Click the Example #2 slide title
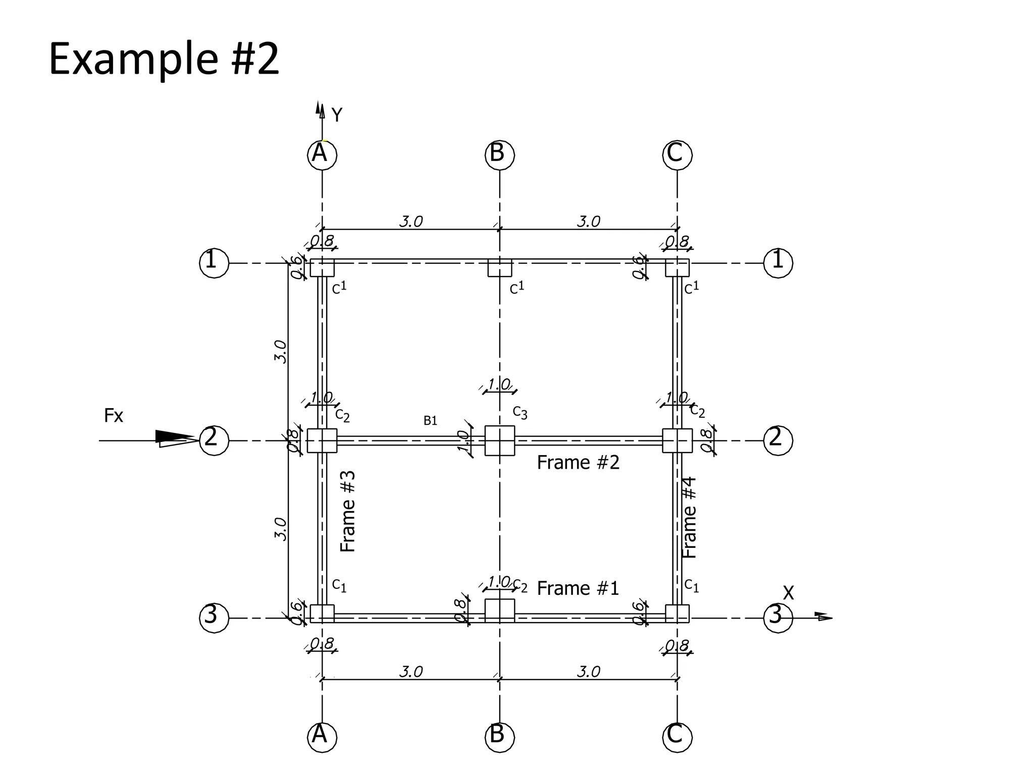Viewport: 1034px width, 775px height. point(164,60)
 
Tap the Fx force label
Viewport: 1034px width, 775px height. point(114,416)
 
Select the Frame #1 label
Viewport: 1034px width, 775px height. point(578,588)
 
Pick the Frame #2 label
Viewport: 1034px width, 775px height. point(578,462)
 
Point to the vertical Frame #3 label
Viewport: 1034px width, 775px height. point(348,511)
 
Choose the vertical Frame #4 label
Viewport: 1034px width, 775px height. point(689,518)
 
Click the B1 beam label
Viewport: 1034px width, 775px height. point(430,420)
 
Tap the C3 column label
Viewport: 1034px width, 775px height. point(520,413)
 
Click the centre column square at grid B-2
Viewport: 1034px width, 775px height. point(500,440)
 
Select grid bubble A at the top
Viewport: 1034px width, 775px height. point(322,154)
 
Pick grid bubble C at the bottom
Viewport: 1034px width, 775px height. point(677,736)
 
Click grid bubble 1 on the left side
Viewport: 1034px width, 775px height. point(214,263)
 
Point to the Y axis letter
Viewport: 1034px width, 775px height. point(337,115)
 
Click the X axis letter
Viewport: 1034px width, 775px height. point(788,593)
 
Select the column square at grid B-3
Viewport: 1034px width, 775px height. point(500,610)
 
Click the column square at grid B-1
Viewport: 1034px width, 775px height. point(500,268)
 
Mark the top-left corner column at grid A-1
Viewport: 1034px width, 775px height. point(322,268)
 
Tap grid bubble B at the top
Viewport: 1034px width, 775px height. point(500,154)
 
